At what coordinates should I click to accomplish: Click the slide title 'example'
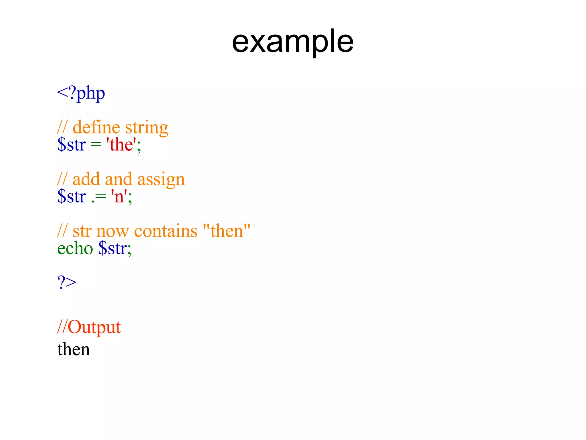click(x=292, y=42)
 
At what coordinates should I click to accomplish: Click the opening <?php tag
click(x=81, y=93)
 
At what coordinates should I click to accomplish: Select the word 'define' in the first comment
click(x=96, y=127)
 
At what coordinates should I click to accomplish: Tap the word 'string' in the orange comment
click(x=146, y=128)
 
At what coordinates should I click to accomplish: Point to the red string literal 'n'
click(x=119, y=197)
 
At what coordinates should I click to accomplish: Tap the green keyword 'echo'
click(x=75, y=248)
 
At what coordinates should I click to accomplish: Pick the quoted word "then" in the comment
click(x=227, y=231)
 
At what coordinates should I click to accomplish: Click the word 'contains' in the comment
click(x=166, y=231)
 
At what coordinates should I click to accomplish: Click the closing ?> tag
click(x=67, y=282)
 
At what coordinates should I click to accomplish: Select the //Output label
click(x=89, y=327)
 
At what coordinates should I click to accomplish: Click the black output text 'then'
click(x=74, y=349)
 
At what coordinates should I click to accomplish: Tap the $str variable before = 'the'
click(x=72, y=144)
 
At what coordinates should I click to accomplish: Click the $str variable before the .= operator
click(x=72, y=197)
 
